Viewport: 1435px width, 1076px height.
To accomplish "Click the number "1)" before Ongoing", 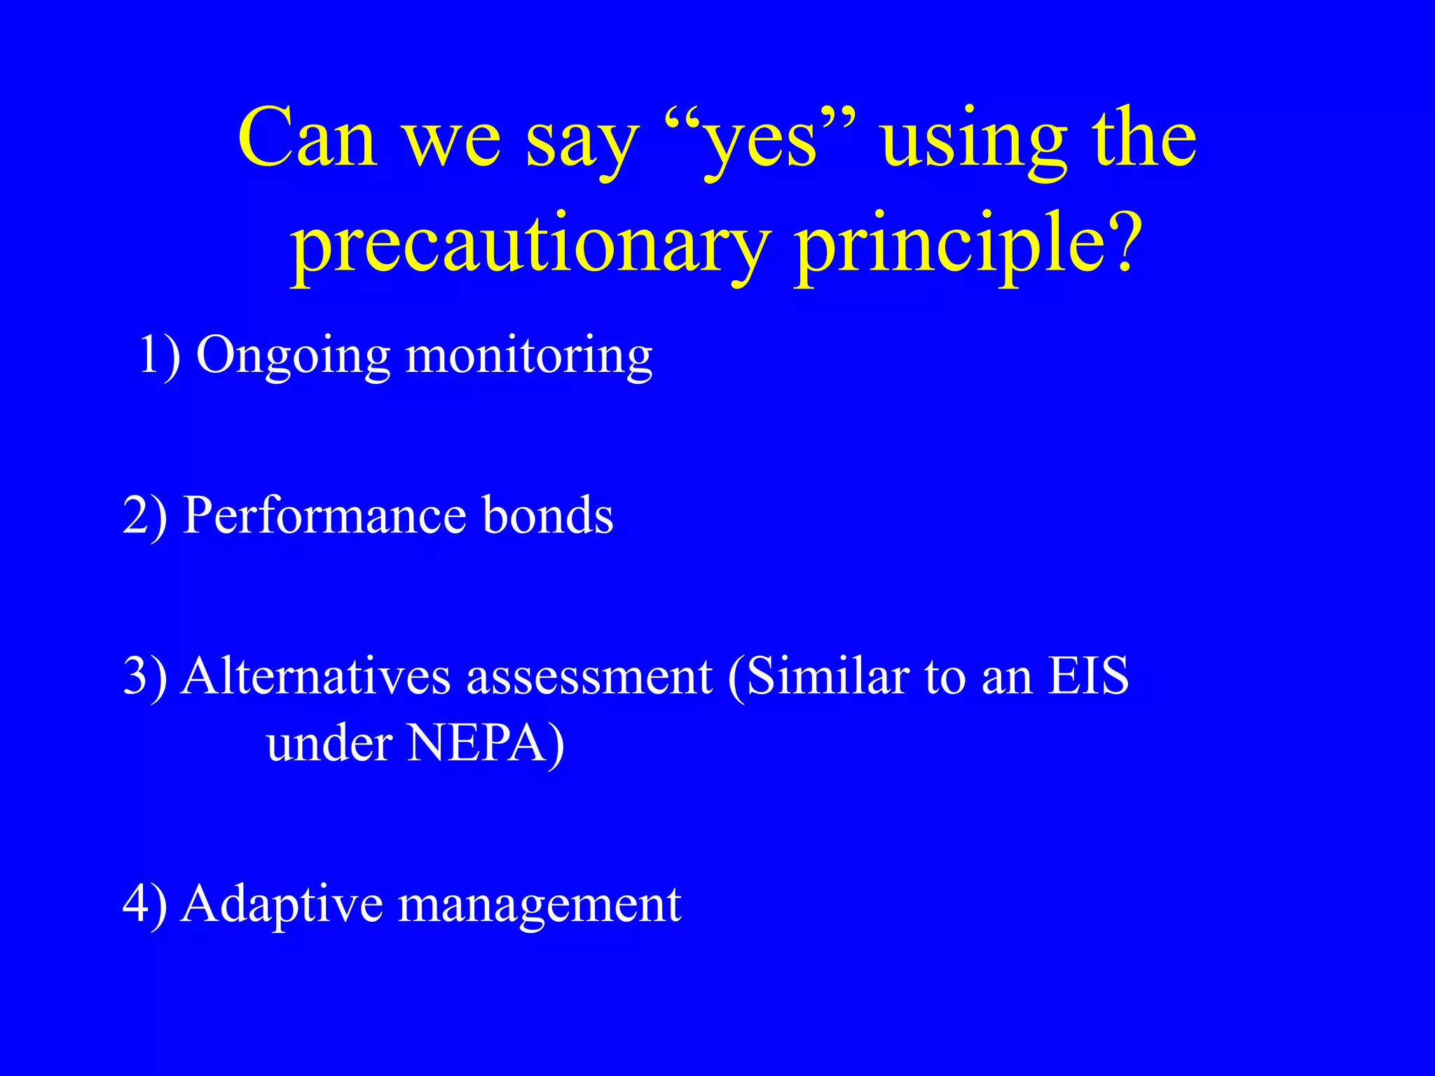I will pyautogui.click(x=160, y=356).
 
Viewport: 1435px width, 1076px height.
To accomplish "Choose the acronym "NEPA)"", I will pyautogui.click(x=486, y=744).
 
